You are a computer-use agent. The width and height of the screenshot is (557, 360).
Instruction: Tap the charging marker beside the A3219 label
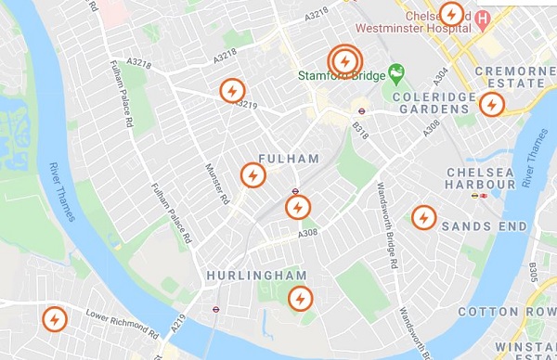(231, 92)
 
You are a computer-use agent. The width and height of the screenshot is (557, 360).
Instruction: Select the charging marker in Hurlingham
(300, 299)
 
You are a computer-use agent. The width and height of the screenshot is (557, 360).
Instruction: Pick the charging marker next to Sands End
(424, 217)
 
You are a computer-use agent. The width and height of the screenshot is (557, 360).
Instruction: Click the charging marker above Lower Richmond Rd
(55, 320)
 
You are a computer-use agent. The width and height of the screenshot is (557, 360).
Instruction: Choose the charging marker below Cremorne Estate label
(491, 104)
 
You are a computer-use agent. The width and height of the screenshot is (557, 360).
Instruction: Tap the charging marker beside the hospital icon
(451, 15)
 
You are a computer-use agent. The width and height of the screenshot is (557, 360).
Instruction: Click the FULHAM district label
(289, 159)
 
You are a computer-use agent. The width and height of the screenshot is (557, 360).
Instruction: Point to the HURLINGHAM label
(256, 276)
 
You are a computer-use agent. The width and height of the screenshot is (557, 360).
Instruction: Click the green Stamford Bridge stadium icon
(397, 71)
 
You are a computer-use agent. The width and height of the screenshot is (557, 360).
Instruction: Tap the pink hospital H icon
(483, 18)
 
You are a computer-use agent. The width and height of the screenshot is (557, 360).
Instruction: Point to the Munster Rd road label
(215, 182)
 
